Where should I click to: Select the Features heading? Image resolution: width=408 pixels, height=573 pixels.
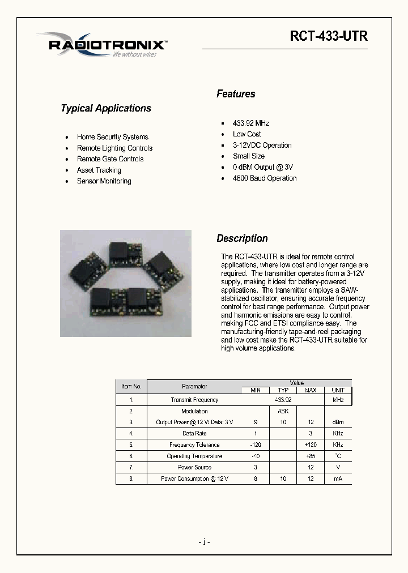(x=236, y=94)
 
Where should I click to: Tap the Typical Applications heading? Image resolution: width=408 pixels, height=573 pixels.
(x=106, y=108)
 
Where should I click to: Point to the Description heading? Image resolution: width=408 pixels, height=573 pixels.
(x=242, y=238)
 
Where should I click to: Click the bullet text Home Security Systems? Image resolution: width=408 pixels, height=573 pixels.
(x=112, y=137)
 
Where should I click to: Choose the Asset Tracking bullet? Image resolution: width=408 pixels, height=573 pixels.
(x=99, y=170)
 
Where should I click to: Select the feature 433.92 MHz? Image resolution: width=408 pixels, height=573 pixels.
(x=250, y=123)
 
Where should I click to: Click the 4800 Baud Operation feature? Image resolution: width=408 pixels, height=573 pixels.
(x=264, y=178)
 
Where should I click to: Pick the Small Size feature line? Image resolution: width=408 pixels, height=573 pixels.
(x=248, y=156)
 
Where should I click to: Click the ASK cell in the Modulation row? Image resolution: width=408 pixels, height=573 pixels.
(x=283, y=411)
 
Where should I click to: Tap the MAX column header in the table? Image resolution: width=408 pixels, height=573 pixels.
(x=311, y=390)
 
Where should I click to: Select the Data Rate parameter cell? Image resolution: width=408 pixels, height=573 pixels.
(x=194, y=433)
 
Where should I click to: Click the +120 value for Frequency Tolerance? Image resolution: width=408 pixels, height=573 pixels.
(x=311, y=444)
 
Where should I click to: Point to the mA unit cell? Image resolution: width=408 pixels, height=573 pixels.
(x=338, y=478)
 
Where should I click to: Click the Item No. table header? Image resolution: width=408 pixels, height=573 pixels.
(x=131, y=386)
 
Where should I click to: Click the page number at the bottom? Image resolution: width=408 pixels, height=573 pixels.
(x=205, y=542)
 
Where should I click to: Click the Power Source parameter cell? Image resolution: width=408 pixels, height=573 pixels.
(x=194, y=467)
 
